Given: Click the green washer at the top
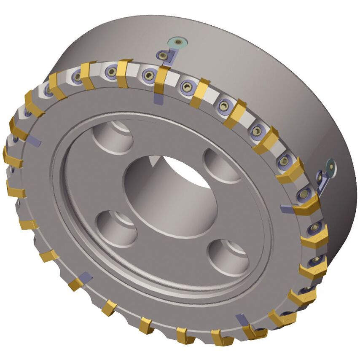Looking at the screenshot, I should tap(178, 42).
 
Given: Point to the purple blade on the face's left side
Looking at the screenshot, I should tap(35, 141).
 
